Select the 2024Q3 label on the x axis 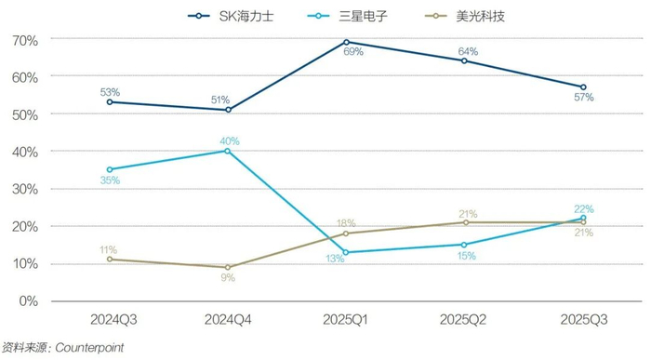point(109,319)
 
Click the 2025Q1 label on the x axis point(346,319)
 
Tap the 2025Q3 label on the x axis point(583,319)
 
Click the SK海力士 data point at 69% point(346,42)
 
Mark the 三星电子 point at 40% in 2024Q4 point(227,151)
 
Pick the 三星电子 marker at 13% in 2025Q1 point(346,252)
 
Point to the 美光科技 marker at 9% point(227,267)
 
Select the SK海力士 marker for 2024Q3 point(109,101)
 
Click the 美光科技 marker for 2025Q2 point(465,222)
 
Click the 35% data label point(110,180)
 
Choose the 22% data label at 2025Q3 point(583,208)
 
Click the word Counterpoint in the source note point(89,347)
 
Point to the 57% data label point(583,97)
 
